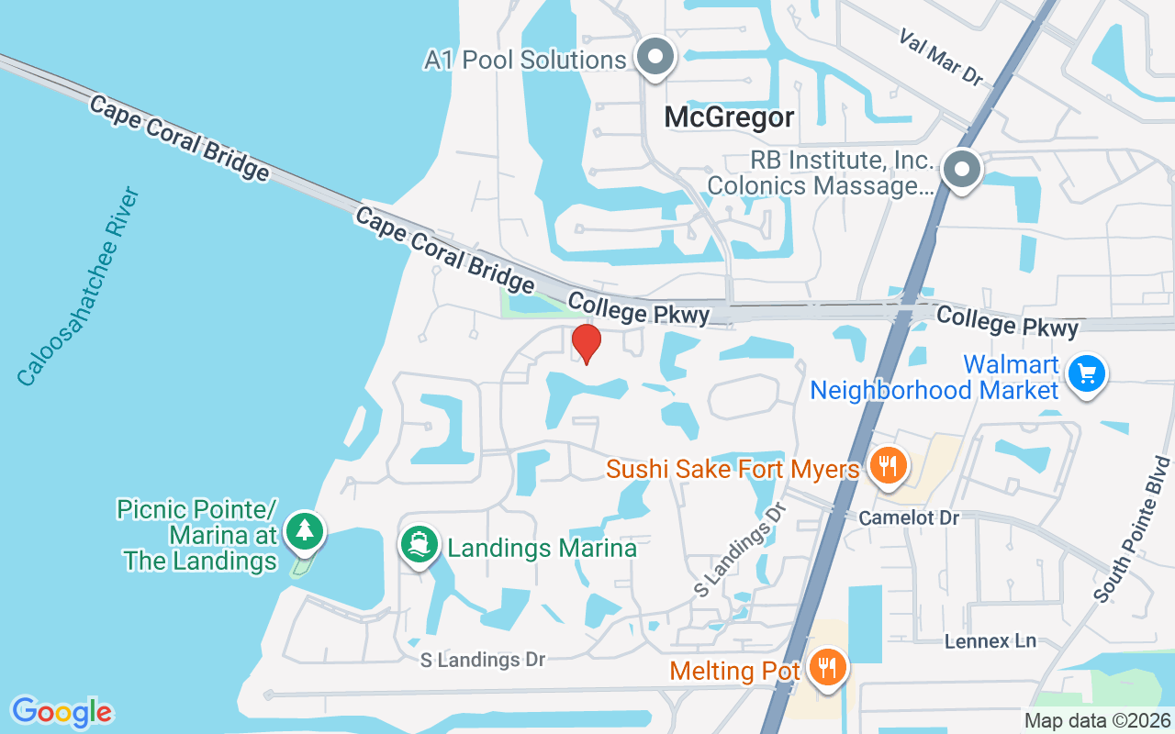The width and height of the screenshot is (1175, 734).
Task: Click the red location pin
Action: (x=586, y=343)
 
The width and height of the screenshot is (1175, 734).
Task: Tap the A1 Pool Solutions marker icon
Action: (x=655, y=58)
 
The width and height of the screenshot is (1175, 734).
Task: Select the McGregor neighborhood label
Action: (x=729, y=117)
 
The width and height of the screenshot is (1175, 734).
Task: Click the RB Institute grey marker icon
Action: (x=961, y=171)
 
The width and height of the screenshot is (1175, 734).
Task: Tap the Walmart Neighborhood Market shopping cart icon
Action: (x=1087, y=374)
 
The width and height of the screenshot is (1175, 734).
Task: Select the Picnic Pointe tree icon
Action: (x=304, y=531)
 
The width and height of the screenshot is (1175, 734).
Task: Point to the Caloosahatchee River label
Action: (x=78, y=286)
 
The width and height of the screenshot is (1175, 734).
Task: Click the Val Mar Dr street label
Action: (x=941, y=57)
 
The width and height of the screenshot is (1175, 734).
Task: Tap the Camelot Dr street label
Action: (x=909, y=518)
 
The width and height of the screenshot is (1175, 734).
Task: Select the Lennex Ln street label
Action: (x=990, y=641)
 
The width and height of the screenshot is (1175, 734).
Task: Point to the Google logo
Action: (x=62, y=711)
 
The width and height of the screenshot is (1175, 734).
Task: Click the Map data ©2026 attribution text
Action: (x=1097, y=720)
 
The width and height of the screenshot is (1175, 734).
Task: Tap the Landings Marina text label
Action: (x=542, y=549)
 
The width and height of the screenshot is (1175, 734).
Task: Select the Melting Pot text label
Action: (x=735, y=671)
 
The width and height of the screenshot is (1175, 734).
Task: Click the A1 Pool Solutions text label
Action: (x=525, y=61)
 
